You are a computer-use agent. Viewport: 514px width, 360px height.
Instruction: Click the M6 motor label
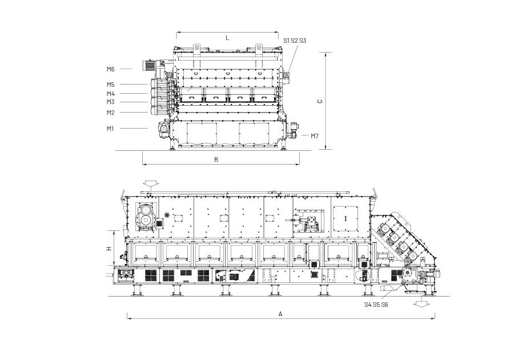tap(110, 69)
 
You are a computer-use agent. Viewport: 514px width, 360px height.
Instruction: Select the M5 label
tap(110, 85)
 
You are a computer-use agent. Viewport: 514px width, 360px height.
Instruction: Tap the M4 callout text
tap(110, 94)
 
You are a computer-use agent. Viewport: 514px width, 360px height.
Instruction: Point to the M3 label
tap(110, 102)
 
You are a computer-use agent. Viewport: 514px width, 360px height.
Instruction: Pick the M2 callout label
tap(110, 113)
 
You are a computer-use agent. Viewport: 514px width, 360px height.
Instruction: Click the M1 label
tap(110, 129)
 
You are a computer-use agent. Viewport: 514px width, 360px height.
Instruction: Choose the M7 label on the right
tap(314, 136)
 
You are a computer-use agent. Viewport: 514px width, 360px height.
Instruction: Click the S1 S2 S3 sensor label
tap(295, 41)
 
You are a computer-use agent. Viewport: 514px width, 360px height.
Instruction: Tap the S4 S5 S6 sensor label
tap(376, 305)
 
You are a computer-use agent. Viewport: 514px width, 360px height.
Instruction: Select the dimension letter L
tap(227, 38)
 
